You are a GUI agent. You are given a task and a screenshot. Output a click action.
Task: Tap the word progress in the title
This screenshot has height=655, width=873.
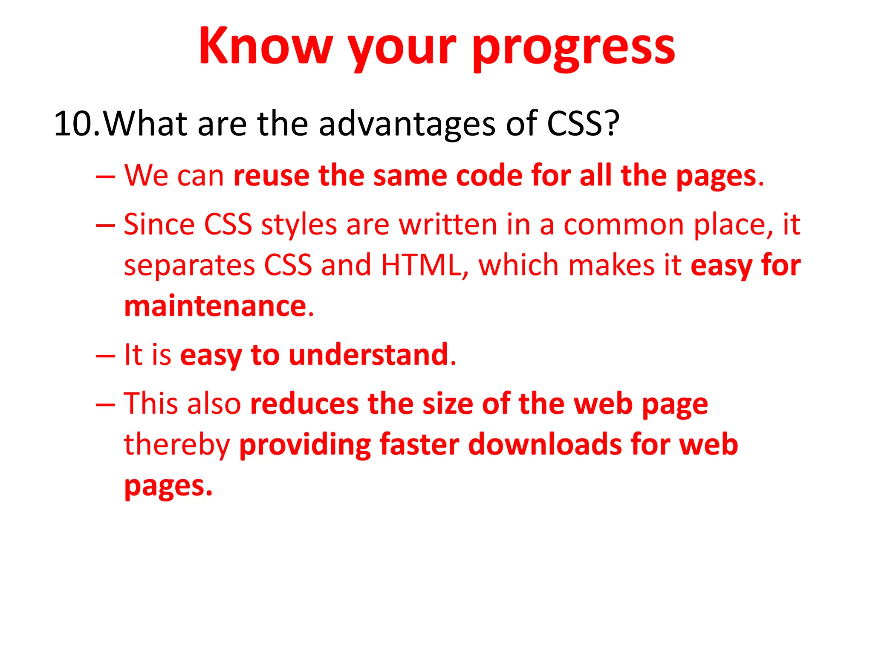(x=573, y=48)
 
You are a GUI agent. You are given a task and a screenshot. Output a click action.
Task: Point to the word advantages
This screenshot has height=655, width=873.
(x=407, y=125)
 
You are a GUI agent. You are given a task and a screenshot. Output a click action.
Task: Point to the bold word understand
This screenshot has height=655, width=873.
(x=368, y=355)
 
